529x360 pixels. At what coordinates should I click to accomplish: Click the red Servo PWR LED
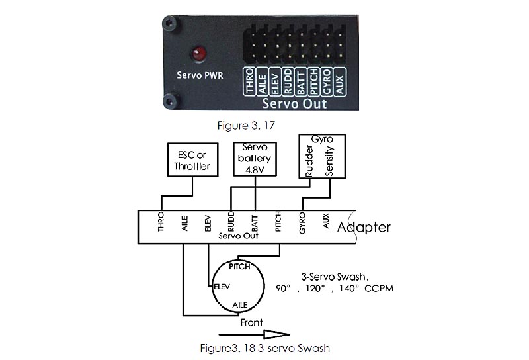(x=197, y=53)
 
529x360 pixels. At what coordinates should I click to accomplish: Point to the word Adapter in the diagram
(x=364, y=228)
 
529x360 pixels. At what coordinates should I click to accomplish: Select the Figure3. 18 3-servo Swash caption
(x=264, y=348)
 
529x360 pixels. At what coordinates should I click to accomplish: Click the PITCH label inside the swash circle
(x=239, y=266)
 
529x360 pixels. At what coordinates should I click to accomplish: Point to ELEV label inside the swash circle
(x=220, y=288)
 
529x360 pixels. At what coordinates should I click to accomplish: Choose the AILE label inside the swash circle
(x=241, y=305)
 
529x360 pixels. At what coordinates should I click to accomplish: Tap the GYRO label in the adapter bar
(x=302, y=221)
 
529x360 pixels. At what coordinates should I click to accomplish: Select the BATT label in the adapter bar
(x=255, y=221)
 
